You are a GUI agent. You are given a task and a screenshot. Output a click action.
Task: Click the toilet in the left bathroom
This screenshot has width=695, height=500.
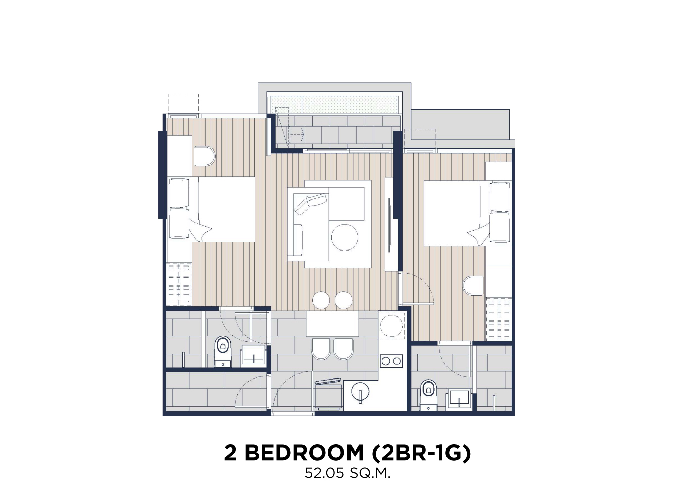223,352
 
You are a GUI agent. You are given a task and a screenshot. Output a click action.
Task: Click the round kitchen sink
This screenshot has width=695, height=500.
360,392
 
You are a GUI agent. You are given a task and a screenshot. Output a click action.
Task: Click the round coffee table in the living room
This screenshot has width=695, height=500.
344,237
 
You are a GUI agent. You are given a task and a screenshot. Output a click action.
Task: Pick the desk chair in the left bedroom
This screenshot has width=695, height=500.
205,156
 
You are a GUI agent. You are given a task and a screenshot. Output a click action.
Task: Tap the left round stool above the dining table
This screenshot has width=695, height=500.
321,300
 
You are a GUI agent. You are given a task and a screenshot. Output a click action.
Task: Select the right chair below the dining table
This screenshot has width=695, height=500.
344,348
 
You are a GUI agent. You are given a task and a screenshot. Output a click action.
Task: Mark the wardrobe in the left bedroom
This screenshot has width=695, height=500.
179,284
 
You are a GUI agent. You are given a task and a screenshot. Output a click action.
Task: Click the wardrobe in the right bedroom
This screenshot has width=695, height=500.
499,319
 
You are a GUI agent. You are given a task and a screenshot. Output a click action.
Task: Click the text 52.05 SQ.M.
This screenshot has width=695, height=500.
347,473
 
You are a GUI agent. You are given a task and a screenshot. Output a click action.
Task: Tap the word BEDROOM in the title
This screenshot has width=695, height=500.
304,453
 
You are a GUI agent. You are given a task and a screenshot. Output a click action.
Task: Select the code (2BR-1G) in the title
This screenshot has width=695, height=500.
421,453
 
